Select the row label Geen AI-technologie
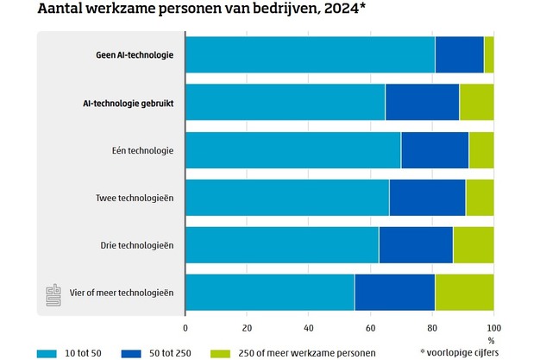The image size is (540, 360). coord(135,55)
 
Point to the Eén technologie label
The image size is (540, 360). coord(148,150)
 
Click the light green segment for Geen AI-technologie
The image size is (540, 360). coord(489,55)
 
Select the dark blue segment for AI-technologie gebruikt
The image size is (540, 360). coord(422,103)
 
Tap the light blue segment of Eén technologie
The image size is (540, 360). coord(293,150)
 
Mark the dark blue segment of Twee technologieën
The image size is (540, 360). coord(427,198)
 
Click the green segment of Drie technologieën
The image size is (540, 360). coord(474,245)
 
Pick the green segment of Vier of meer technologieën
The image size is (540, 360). coord(464,293)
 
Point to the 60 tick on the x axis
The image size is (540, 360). coord(371,328)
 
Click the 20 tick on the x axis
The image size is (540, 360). coord(248,328)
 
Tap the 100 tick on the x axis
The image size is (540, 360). coord(493,328)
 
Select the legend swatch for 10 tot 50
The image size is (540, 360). coord(47,352)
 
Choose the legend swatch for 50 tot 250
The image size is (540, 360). coord(131,352)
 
